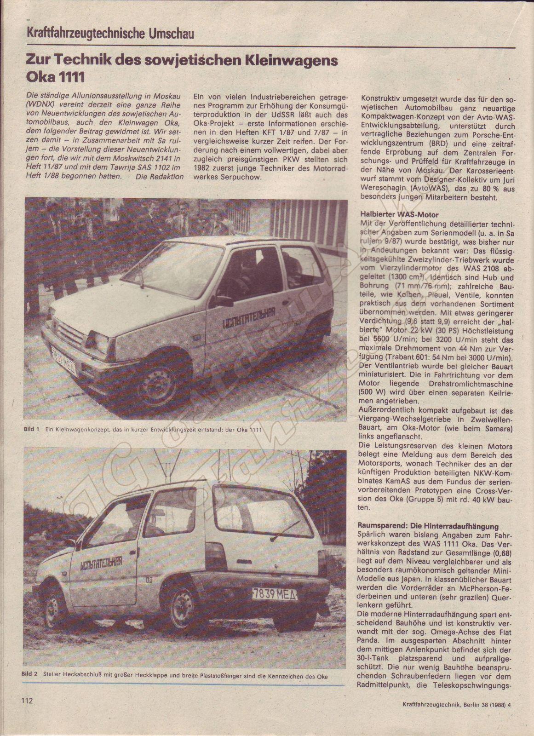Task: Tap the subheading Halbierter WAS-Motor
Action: pyautogui.click(x=400, y=214)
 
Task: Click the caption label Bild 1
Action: pyautogui.click(x=31, y=430)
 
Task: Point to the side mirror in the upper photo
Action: pyautogui.click(x=223, y=301)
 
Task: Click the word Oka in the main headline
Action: pyautogui.click(x=40, y=76)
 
